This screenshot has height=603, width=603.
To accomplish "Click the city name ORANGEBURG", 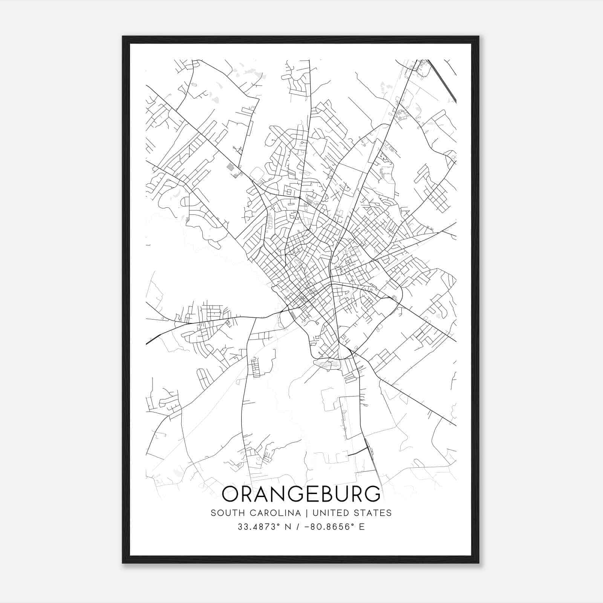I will click(301, 494).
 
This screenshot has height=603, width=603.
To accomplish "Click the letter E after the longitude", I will click(361, 526).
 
